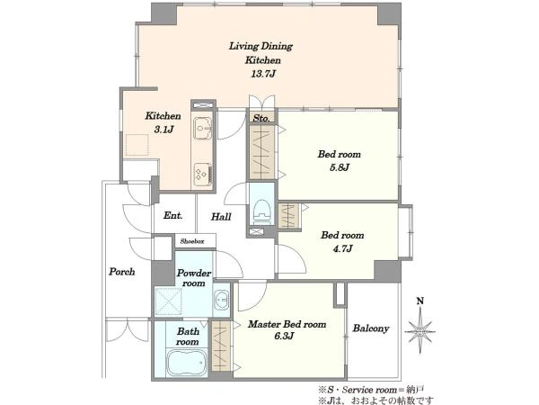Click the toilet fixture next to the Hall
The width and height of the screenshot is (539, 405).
(262, 210)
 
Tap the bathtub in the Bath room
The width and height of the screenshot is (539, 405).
(187, 363)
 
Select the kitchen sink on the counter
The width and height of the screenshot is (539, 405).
(202, 128)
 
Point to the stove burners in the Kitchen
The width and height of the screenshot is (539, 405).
(202, 175)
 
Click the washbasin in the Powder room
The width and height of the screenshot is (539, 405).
(221, 299)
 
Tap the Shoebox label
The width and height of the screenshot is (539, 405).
(192, 241)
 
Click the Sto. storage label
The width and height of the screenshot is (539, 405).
(261, 118)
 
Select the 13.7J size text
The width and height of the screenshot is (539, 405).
(263, 74)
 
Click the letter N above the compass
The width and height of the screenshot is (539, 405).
(420, 301)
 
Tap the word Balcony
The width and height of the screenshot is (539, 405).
(370, 328)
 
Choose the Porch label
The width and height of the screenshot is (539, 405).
(121, 272)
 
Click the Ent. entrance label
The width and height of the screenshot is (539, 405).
(172, 216)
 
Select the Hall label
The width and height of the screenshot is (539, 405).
(221, 217)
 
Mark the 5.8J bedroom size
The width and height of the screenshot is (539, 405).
(340, 167)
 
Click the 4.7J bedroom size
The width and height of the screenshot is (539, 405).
(342, 248)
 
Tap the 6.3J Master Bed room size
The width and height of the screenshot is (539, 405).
(284, 336)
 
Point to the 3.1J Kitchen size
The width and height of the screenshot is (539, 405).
(163, 130)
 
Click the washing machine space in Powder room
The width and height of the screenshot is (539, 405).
(168, 301)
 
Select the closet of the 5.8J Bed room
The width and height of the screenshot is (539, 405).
(261, 152)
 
